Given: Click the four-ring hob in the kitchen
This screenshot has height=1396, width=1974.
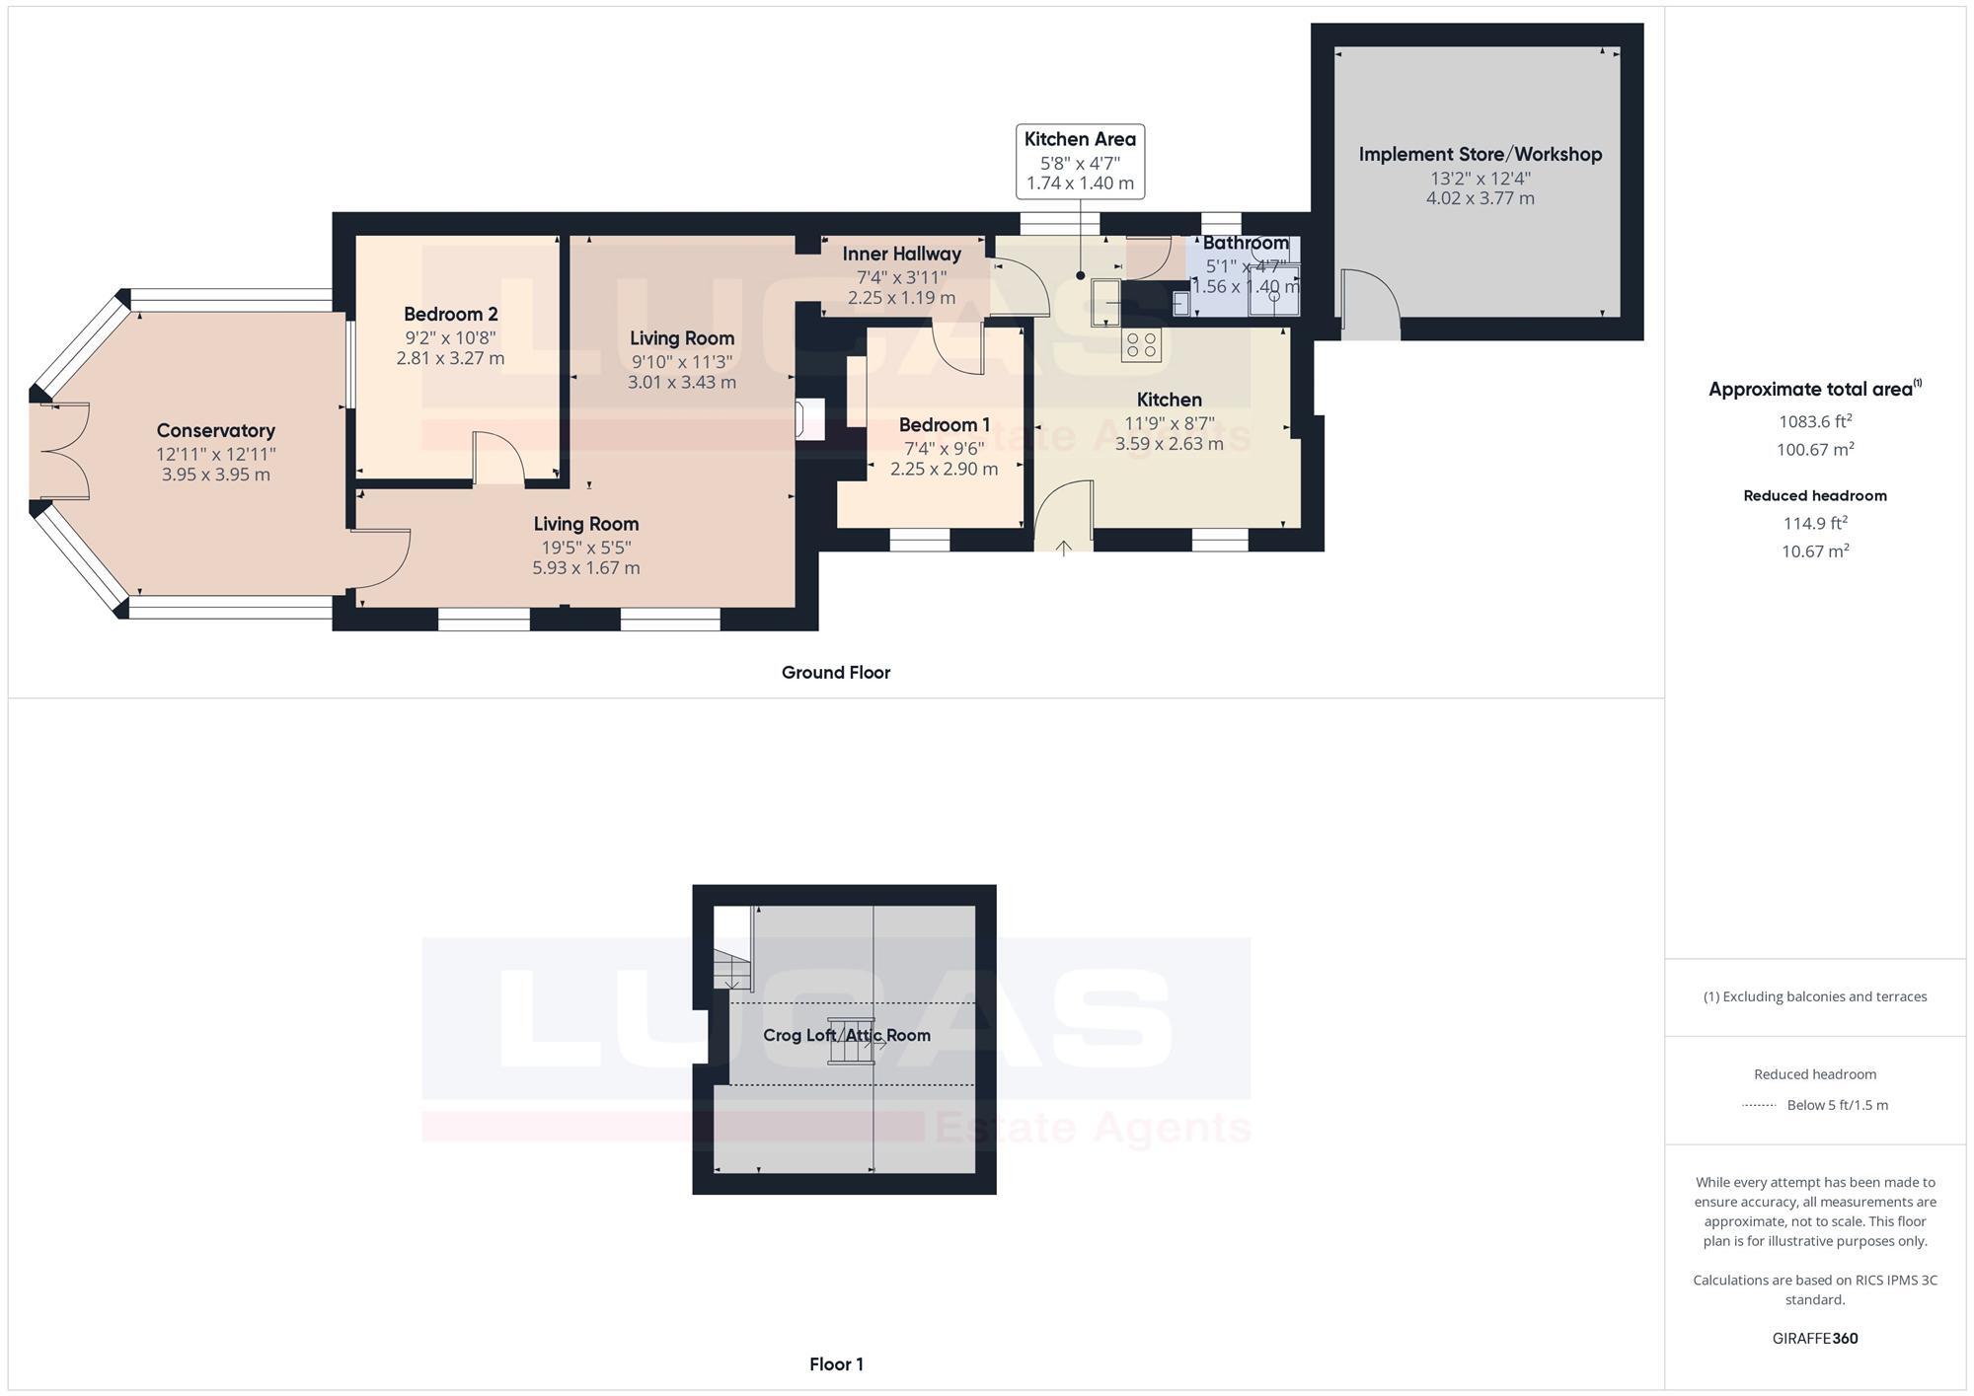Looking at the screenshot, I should tap(1142, 345).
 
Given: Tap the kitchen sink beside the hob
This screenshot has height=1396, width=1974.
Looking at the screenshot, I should tap(1105, 300).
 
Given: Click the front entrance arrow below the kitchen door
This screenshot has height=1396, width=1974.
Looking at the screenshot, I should tap(1063, 549).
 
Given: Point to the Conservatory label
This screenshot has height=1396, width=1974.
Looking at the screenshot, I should tap(215, 431).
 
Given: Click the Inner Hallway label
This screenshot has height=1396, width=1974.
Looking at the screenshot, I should tap(901, 255).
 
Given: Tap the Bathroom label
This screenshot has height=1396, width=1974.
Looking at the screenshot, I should tap(1245, 243).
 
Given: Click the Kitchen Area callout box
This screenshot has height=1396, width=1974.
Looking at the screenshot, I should tap(1080, 161).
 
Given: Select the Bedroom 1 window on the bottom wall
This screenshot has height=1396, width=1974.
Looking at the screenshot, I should tap(919, 540).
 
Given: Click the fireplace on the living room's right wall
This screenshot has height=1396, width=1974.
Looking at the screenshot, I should tap(809, 419).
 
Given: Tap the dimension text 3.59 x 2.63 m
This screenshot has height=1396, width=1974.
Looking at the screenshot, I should tap(1169, 444).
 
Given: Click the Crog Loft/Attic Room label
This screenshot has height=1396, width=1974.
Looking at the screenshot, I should tap(846, 1035).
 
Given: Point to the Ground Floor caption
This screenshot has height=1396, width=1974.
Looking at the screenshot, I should tap(835, 673).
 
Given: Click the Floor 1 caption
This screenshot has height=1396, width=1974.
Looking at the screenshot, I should tap(835, 1364).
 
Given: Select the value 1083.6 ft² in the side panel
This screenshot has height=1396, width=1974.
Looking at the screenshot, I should tap(1814, 421).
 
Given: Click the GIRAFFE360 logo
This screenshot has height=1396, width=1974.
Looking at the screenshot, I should tap(1814, 1339).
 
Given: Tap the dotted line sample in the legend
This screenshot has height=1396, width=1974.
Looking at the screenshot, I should tap(1759, 1105).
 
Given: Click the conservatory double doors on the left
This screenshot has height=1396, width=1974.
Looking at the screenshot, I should tap(61, 451).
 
